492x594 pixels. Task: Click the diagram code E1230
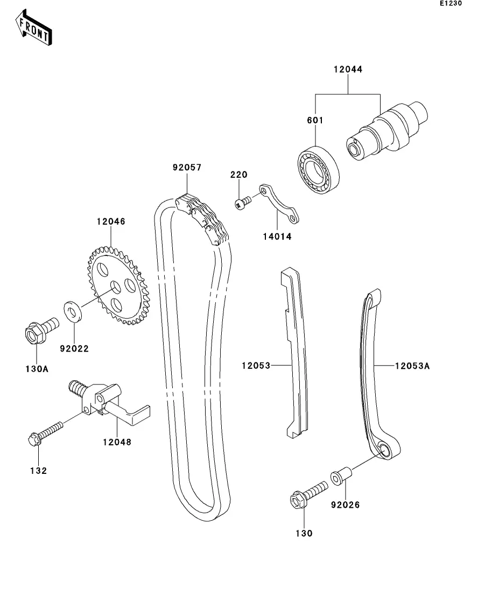451,4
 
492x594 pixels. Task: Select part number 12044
348,69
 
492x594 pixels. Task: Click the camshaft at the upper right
388,129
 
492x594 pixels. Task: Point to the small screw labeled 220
243,203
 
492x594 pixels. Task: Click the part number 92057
187,167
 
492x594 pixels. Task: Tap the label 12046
111,221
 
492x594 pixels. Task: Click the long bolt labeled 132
46,434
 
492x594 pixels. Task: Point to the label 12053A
412,366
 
